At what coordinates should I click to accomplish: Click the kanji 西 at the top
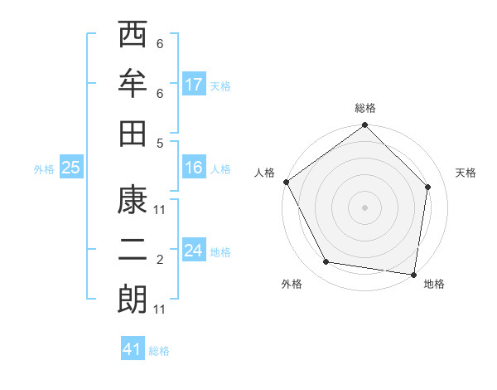(133, 37)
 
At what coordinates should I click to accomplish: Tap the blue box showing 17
(194, 85)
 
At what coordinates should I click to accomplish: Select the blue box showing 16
(194, 168)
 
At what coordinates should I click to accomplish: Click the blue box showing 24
(194, 251)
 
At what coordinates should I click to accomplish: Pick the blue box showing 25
(71, 168)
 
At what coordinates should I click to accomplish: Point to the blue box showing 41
(133, 349)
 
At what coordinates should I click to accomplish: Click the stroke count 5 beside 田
(160, 143)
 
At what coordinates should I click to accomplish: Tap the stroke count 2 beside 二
(160, 261)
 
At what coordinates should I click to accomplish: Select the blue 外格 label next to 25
(44, 169)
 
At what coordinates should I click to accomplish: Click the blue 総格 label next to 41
(159, 351)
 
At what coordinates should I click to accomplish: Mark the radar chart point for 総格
(364, 126)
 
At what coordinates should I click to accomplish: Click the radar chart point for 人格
(286, 182)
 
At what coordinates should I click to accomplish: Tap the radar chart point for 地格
(413, 274)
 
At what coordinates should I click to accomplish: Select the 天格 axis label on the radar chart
(466, 173)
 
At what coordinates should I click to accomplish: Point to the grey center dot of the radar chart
(364, 207)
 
